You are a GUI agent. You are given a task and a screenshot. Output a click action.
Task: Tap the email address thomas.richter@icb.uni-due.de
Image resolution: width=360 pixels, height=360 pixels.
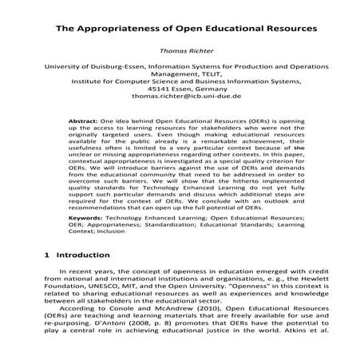click(180, 105)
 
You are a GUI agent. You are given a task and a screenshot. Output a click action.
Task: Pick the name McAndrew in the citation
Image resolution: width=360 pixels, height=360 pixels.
click(156, 316)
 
